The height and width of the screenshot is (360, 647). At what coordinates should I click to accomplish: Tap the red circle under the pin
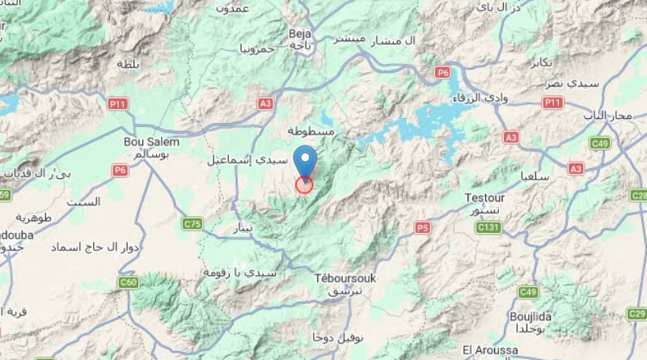point(304,185)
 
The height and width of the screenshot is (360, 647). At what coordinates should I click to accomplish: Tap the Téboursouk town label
point(345,277)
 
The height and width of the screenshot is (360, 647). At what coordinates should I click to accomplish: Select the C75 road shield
point(192,223)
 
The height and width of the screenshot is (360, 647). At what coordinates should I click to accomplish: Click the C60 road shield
point(128,282)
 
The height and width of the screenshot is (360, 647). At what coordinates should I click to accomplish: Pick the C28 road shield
point(639,196)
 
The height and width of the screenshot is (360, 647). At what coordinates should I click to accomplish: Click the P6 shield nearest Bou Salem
point(121,170)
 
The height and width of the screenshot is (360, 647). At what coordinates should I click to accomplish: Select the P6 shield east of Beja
point(442,73)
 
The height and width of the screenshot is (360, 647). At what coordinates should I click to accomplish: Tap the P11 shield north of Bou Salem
point(117,104)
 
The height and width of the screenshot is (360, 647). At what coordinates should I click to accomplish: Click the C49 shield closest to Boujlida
point(529,291)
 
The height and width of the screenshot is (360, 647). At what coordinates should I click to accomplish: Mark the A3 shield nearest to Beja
point(265,104)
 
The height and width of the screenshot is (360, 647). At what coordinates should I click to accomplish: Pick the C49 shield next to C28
point(600,144)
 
